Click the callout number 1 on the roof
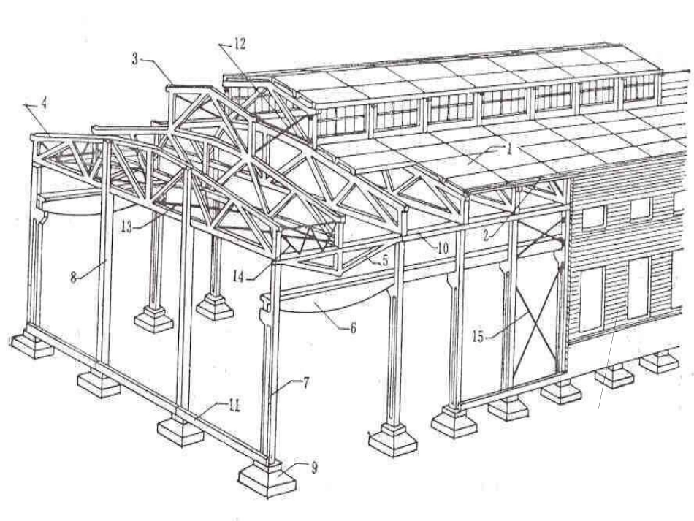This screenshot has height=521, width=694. (509, 149)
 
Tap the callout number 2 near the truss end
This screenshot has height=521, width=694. (486, 235)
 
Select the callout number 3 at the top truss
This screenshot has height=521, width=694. (135, 59)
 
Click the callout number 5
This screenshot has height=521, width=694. (384, 261)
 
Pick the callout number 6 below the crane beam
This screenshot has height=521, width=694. (353, 328)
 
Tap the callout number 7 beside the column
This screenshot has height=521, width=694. (306, 383)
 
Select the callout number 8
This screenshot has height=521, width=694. (74, 277)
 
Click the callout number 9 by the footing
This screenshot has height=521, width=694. (314, 468)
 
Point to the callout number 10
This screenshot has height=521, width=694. (443, 248)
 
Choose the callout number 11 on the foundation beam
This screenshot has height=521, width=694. (234, 406)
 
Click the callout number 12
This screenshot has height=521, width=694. (240, 44)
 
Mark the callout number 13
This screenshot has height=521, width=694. (126, 228)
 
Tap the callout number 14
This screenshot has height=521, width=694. (237, 277)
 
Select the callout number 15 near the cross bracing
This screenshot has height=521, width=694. (478, 337)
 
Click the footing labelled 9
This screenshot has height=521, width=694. (267, 478)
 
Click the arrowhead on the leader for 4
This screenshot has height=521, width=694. (26, 105)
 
